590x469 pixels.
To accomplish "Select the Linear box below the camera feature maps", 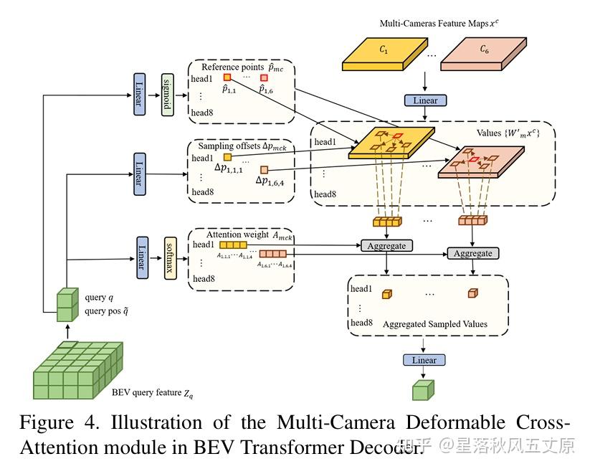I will [x=425, y=100].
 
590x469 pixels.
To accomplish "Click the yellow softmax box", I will [x=170, y=257].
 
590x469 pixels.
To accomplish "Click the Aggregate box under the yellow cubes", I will [x=386, y=245].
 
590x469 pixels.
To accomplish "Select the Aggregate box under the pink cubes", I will [x=473, y=253].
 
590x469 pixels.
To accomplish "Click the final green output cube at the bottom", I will [x=423, y=389].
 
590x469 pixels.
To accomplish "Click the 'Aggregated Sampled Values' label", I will [x=434, y=324].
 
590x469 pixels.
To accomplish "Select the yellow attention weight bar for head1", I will [x=223, y=245].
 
